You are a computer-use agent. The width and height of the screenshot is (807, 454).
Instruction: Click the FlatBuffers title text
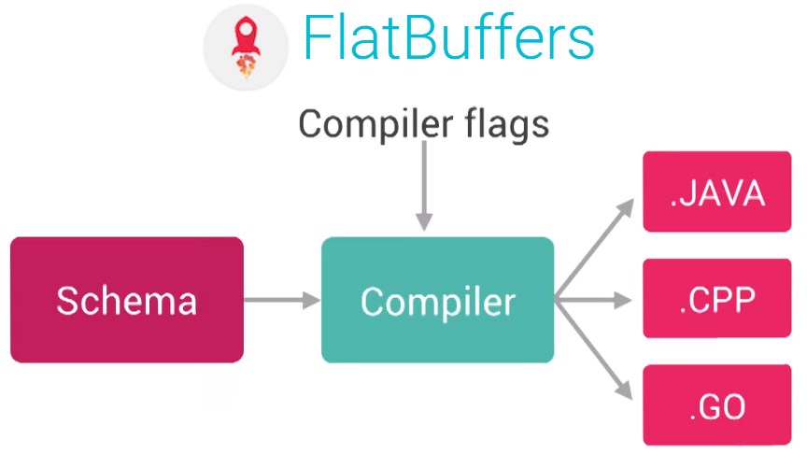pyautogui.click(x=449, y=39)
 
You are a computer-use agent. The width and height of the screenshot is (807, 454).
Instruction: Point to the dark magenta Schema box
pyautogui.click(x=127, y=299)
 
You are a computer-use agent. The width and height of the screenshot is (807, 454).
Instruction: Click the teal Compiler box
pyautogui.click(x=437, y=299)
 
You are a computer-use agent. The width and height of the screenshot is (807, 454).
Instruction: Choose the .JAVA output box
pyautogui.click(x=716, y=193)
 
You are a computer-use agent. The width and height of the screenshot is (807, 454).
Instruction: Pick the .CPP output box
pyautogui.click(x=716, y=299)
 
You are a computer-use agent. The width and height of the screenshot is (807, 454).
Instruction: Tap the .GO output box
pyautogui.click(x=716, y=405)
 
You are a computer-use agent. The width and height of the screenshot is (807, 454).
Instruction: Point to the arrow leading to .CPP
pyautogui.click(x=595, y=299)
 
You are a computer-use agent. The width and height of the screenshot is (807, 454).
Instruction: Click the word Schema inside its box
pyautogui.click(x=127, y=301)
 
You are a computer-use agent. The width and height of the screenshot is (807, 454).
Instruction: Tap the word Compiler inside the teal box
pyautogui.click(x=437, y=301)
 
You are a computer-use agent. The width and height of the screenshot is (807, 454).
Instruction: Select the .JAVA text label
pyautogui.click(x=716, y=193)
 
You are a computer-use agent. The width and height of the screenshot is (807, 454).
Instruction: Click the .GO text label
pyautogui.click(x=716, y=406)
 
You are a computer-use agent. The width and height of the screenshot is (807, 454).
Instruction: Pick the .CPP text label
pyautogui.click(x=716, y=300)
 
